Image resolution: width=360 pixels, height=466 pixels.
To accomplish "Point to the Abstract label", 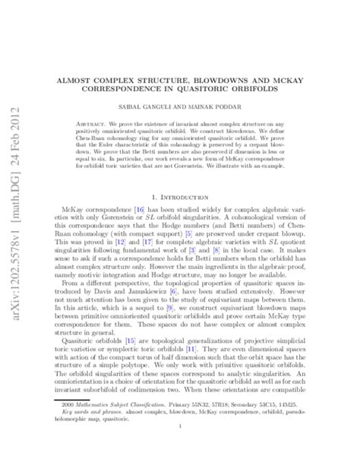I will [x=96, y=121].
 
